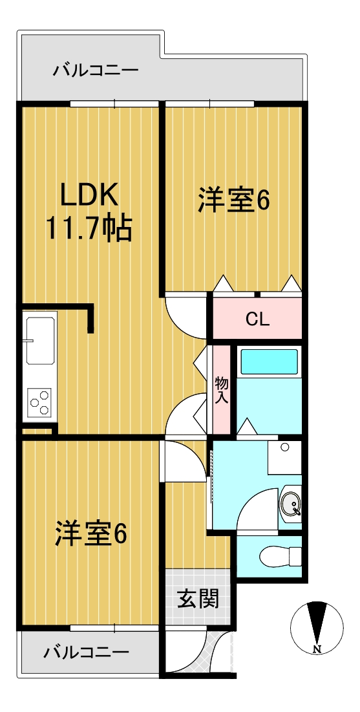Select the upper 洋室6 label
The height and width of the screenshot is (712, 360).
[233, 200]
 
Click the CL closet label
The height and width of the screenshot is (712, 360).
[258, 320]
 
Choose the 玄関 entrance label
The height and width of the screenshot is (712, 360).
[198, 598]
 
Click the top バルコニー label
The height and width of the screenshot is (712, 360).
[96, 71]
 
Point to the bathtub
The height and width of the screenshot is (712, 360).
[269, 361]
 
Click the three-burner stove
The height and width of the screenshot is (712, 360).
[39, 402]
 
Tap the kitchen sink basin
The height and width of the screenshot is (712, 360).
[40, 340]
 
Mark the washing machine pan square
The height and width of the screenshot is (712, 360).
[284, 458]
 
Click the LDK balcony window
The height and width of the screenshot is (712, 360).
[114, 103]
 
